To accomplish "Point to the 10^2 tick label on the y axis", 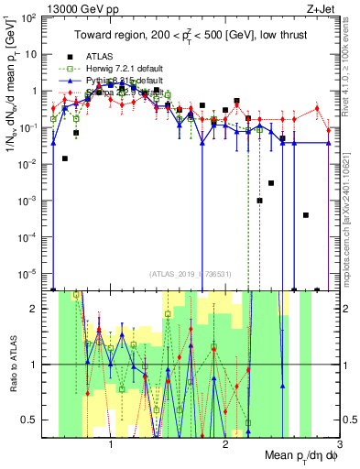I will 30,17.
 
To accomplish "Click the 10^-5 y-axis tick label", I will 30,272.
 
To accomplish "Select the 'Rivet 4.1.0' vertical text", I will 351,70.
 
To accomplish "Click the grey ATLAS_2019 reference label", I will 191,274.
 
